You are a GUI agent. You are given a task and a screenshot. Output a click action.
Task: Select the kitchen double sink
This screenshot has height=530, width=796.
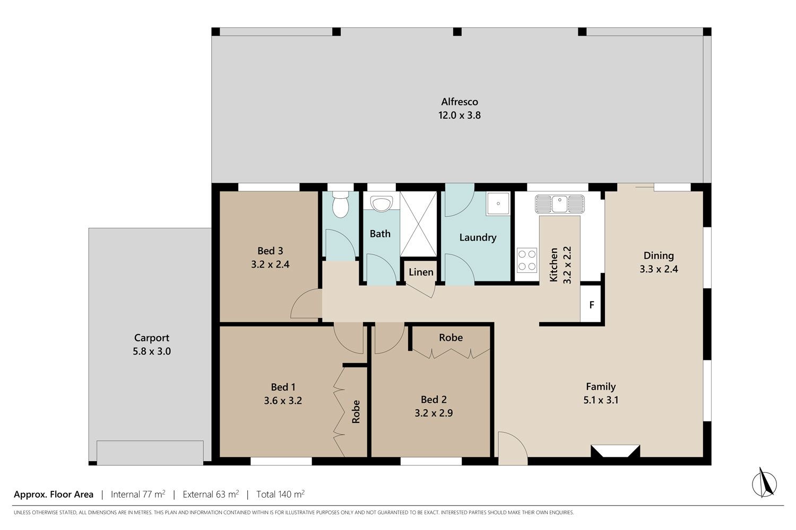coord(560,204)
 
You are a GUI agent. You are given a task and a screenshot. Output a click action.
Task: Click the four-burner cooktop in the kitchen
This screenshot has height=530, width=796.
coord(526,260)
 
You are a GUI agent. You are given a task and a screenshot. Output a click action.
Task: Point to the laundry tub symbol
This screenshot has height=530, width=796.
coord(498,204)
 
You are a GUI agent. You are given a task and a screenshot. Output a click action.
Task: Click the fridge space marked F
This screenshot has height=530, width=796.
coord(591,304)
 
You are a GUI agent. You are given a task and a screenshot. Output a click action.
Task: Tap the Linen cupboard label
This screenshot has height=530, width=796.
coord(421,272)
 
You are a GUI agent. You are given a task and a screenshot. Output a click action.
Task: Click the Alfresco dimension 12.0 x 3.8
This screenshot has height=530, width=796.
coord(460,116)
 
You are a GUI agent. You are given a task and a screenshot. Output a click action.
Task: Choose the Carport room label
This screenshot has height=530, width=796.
coord(152,338)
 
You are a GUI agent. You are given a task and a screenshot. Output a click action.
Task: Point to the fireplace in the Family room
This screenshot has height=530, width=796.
coord(615,451)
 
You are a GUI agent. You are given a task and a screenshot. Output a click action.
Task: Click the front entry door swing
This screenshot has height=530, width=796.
coord(513,448)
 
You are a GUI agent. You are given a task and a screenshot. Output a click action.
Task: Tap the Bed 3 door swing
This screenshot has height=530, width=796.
coord(306,303)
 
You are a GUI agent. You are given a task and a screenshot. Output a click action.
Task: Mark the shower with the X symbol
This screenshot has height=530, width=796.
coord(418,224)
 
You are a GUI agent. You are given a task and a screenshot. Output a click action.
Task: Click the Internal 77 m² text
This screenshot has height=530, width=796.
coord(138,494)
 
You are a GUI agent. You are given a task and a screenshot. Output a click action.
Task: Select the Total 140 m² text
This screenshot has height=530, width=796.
coord(280,494)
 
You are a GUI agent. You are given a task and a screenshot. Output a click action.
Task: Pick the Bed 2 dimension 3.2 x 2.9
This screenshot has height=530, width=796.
coord(434,413)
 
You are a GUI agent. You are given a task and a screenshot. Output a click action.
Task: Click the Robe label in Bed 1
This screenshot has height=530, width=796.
coord(356,412)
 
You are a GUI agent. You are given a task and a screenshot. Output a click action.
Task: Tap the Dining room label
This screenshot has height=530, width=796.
coord(659,255)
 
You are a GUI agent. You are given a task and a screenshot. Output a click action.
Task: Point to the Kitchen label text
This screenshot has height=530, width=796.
coord(553,265)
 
